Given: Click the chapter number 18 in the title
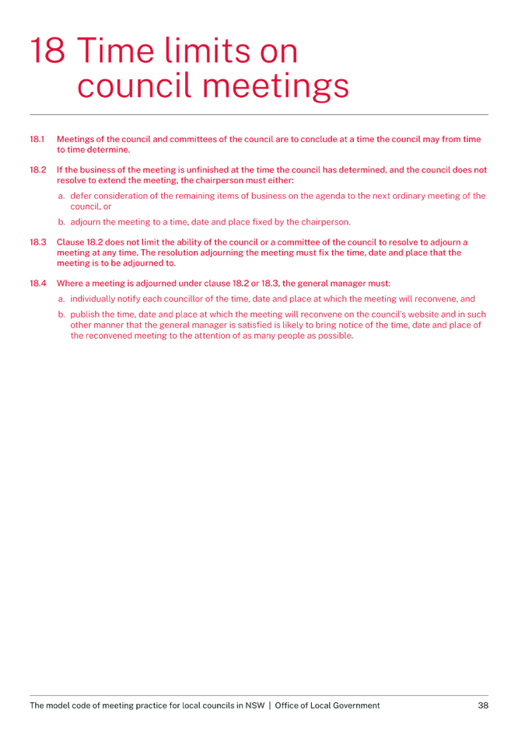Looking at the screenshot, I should click(x=47, y=51).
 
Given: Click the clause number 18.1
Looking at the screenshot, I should click(x=37, y=140).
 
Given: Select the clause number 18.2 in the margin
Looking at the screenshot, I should click(x=38, y=169).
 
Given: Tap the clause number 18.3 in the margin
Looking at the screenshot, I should click(x=38, y=242).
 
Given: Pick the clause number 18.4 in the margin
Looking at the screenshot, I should click(x=38, y=284).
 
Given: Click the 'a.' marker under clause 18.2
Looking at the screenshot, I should click(x=61, y=197).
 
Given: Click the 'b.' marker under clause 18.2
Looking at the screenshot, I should click(x=61, y=222).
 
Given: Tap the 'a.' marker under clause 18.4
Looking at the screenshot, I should click(x=61, y=298).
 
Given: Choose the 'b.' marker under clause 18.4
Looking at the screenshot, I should click(x=61, y=315).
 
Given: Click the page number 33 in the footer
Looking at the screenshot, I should click(x=483, y=705).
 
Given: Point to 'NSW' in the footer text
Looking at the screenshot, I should click(x=254, y=705).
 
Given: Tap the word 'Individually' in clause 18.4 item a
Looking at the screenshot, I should click(x=91, y=298).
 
